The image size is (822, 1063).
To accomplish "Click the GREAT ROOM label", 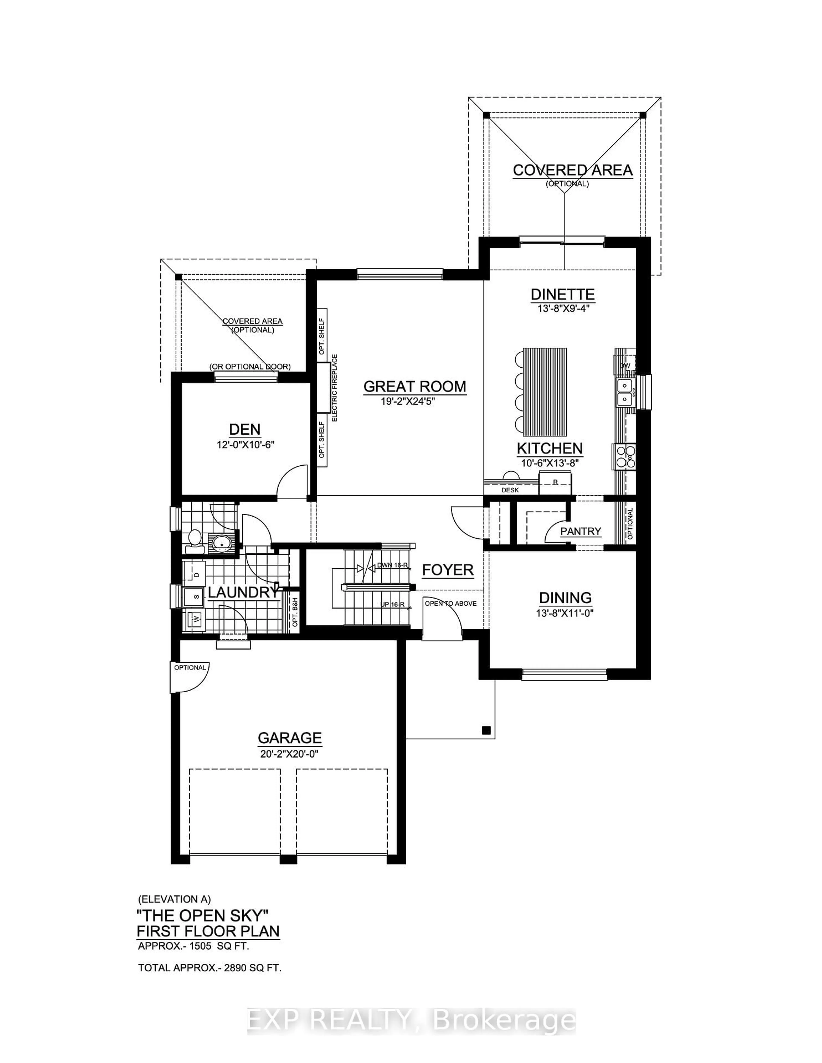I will [x=414, y=386].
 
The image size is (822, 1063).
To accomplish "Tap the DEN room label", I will [x=245, y=429].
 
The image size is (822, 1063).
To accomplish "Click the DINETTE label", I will [x=562, y=294].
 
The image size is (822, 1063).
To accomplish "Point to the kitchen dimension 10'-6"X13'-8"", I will [x=549, y=463].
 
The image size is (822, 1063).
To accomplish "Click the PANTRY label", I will [x=581, y=531].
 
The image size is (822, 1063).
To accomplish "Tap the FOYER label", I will [x=448, y=570].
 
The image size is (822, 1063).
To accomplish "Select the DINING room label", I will [x=565, y=598].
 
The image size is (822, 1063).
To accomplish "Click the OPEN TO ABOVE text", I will [x=450, y=604].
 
